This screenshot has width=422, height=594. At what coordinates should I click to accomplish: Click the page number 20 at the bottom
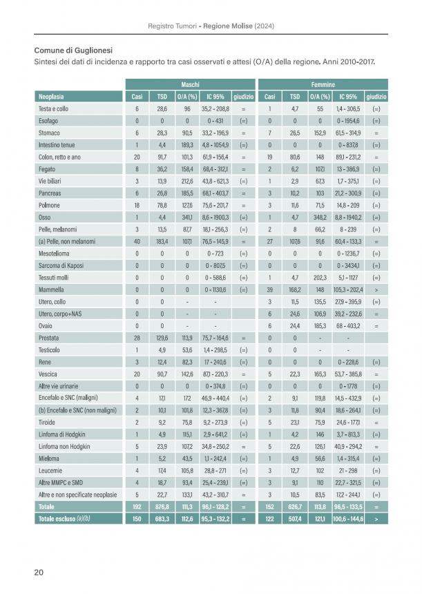click(39, 572)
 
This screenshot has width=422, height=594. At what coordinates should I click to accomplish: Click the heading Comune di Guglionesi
click(73, 50)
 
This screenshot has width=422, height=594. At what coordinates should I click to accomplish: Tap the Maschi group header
click(190, 84)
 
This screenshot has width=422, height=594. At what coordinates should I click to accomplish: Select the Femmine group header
click(323, 84)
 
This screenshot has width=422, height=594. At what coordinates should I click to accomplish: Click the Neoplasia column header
click(51, 97)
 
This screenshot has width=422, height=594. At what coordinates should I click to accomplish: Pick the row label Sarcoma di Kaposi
click(61, 265)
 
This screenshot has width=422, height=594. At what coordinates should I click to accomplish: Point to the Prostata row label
click(48, 338)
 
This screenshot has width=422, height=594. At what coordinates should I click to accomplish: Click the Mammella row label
click(51, 290)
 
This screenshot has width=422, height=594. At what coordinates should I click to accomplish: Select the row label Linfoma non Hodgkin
click(64, 447)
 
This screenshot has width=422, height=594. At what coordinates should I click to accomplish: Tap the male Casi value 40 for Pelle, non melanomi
click(137, 241)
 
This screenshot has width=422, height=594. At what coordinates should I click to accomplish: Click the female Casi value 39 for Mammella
click(270, 290)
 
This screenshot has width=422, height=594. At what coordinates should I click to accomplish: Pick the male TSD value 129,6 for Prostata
click(162, 338)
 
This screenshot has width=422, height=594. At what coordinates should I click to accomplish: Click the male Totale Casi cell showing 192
click(137, 507)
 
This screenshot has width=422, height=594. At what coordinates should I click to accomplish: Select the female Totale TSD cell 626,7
click(295, 507)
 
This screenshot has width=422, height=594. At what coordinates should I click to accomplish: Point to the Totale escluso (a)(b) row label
click(64, 519)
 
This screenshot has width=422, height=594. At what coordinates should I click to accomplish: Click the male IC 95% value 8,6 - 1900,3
click(215, 218)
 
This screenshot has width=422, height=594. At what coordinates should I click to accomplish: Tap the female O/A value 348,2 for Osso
click(320, 218)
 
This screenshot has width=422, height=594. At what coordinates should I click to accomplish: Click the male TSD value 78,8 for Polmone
click(162, 205)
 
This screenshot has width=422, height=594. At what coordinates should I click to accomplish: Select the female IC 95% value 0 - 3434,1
click(348, 265)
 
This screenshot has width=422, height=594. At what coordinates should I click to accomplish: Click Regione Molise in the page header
click(228, 26)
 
